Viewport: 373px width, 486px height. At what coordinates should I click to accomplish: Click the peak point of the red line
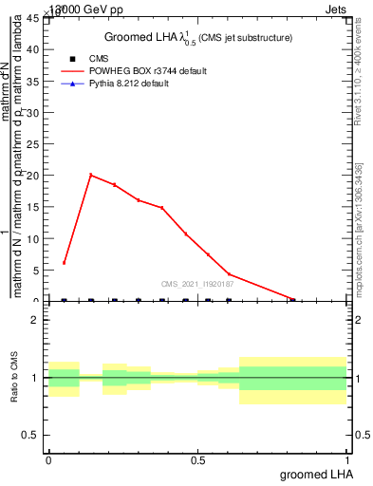(91, 175)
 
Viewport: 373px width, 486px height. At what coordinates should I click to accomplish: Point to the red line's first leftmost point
(64, 263)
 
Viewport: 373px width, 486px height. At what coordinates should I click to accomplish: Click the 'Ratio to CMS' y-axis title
(14, 377)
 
